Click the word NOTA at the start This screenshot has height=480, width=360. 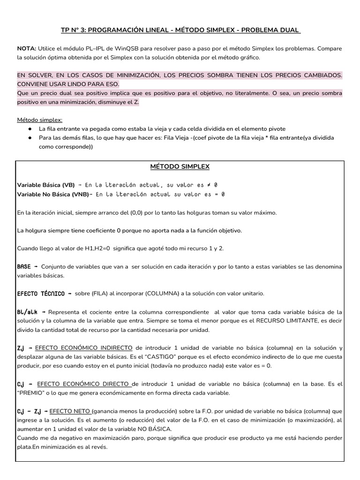(x=26, y=49)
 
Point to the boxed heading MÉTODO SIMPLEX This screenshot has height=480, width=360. (x=180, y=166)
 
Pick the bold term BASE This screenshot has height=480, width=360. (x=24, y=266)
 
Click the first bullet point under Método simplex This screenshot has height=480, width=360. (x=30, y=128)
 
